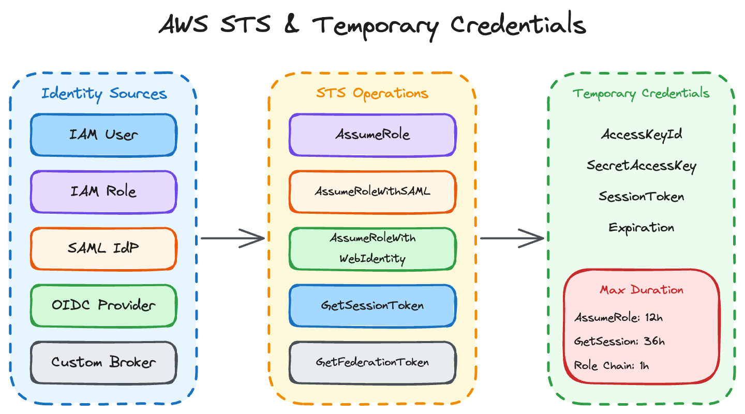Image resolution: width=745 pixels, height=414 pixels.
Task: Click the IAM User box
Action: (x=103, y=135)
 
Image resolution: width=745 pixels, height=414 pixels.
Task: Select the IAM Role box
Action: (x=103, y=191)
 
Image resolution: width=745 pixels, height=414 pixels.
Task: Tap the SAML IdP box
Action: (x=103, y=248)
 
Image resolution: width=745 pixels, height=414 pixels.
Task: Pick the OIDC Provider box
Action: (x=103, y=305)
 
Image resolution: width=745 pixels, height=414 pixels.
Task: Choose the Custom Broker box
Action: (x=103, y=362)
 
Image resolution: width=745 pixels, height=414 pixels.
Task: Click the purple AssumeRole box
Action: (x=373, y=135)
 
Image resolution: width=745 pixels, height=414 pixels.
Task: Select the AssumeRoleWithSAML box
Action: (x=373, y=191)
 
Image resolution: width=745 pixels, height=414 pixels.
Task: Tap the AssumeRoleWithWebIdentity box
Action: (x=373, y=248)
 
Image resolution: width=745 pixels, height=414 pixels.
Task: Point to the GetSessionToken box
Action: (x=373, y=305)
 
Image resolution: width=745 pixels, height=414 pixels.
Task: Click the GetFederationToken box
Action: (x=373, y=362)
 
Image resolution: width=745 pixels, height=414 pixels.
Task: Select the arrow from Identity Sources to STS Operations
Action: (x=233, y=239)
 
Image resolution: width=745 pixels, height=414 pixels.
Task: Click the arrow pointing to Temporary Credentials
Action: (x=512, y=239)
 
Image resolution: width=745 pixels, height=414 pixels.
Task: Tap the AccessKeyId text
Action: (x=642, y=135)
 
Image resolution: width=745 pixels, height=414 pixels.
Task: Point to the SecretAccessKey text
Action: (x=642, y=166)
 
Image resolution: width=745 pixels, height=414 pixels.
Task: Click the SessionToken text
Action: (x=642, y=197)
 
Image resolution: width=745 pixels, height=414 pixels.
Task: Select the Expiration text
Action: (x=642, y=228)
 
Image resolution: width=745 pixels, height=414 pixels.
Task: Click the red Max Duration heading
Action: (x=642, y=290)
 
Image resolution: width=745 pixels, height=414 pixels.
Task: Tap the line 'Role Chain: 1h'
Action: (x=612, y=365)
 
